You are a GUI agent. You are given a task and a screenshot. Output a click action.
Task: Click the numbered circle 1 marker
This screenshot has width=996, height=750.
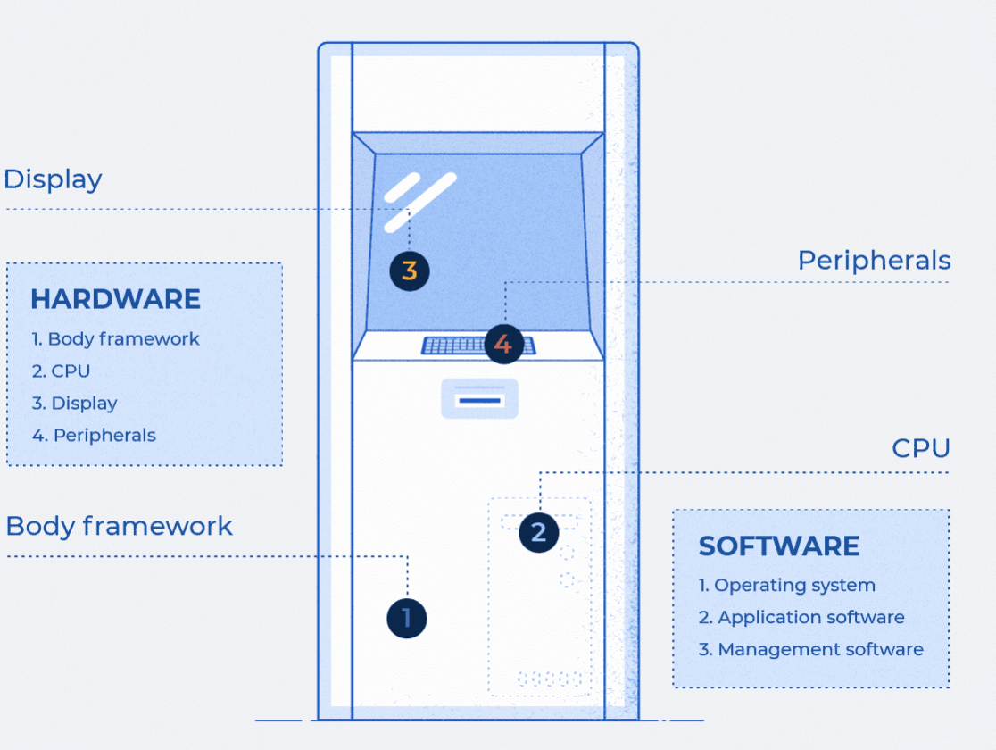tap(407, 618)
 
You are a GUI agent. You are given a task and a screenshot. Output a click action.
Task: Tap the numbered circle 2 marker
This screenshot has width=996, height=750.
tap(538, 532)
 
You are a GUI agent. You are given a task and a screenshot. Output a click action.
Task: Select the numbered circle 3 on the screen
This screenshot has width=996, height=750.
tap(410, 271)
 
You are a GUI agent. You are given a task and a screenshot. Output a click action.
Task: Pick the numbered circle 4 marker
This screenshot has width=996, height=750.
tap(503, 344)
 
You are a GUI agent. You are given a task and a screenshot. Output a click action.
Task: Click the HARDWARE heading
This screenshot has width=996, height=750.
tap(115, 299)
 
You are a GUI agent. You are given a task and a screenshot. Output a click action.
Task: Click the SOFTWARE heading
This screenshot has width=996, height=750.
tap(779, 546)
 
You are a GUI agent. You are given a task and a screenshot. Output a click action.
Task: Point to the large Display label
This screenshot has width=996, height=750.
tap(53, 179)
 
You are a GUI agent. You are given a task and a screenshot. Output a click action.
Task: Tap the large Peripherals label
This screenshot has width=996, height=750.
tap(874, 261)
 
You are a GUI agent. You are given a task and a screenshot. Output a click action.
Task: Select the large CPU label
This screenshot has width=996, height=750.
tap(921, 448)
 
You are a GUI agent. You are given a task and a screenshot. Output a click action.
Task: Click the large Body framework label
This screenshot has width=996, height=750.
tap(119, 526)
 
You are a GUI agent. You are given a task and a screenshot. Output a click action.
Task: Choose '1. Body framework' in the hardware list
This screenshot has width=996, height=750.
tap(115, 339)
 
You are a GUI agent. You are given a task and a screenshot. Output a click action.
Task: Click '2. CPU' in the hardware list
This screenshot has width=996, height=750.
tap(61, 371)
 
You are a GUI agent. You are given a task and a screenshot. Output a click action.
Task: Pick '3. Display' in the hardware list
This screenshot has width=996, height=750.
tap(74, 404)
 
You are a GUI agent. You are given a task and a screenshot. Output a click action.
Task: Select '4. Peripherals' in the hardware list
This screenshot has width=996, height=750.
tap(94, 436)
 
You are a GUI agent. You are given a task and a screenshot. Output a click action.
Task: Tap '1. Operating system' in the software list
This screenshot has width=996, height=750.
tap(786, 586)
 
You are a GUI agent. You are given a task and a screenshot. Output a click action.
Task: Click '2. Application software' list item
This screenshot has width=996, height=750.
tap(801, 618)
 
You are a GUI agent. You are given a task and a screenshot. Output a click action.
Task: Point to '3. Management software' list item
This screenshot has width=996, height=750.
tap(810, 650)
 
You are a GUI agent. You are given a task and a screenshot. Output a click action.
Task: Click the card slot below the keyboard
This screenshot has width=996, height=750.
tap(479, 399)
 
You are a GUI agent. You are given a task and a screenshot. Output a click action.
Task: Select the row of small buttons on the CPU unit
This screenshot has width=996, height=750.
tap(549, 679)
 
